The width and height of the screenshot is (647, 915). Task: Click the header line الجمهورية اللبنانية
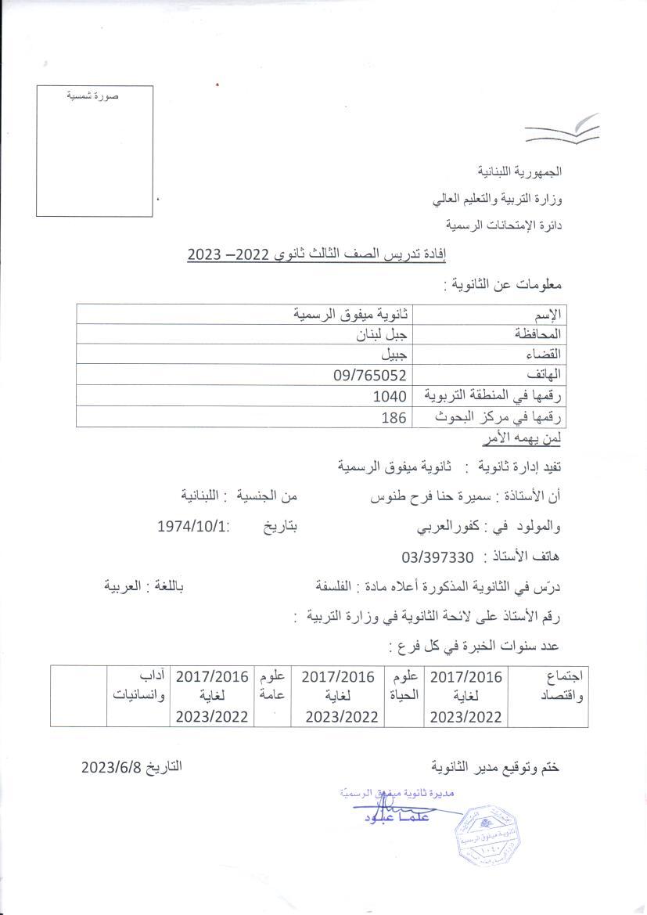(x=521, y=171)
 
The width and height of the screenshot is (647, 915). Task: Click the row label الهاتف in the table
(x=545, y=375)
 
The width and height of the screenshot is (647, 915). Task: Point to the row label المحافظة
(x=539, y=333)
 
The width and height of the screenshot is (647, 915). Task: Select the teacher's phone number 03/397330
(x=437, y=557)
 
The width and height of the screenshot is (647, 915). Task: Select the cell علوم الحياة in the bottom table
(x=403, y=685)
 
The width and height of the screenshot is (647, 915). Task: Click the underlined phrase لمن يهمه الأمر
(x=529, y=438)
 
